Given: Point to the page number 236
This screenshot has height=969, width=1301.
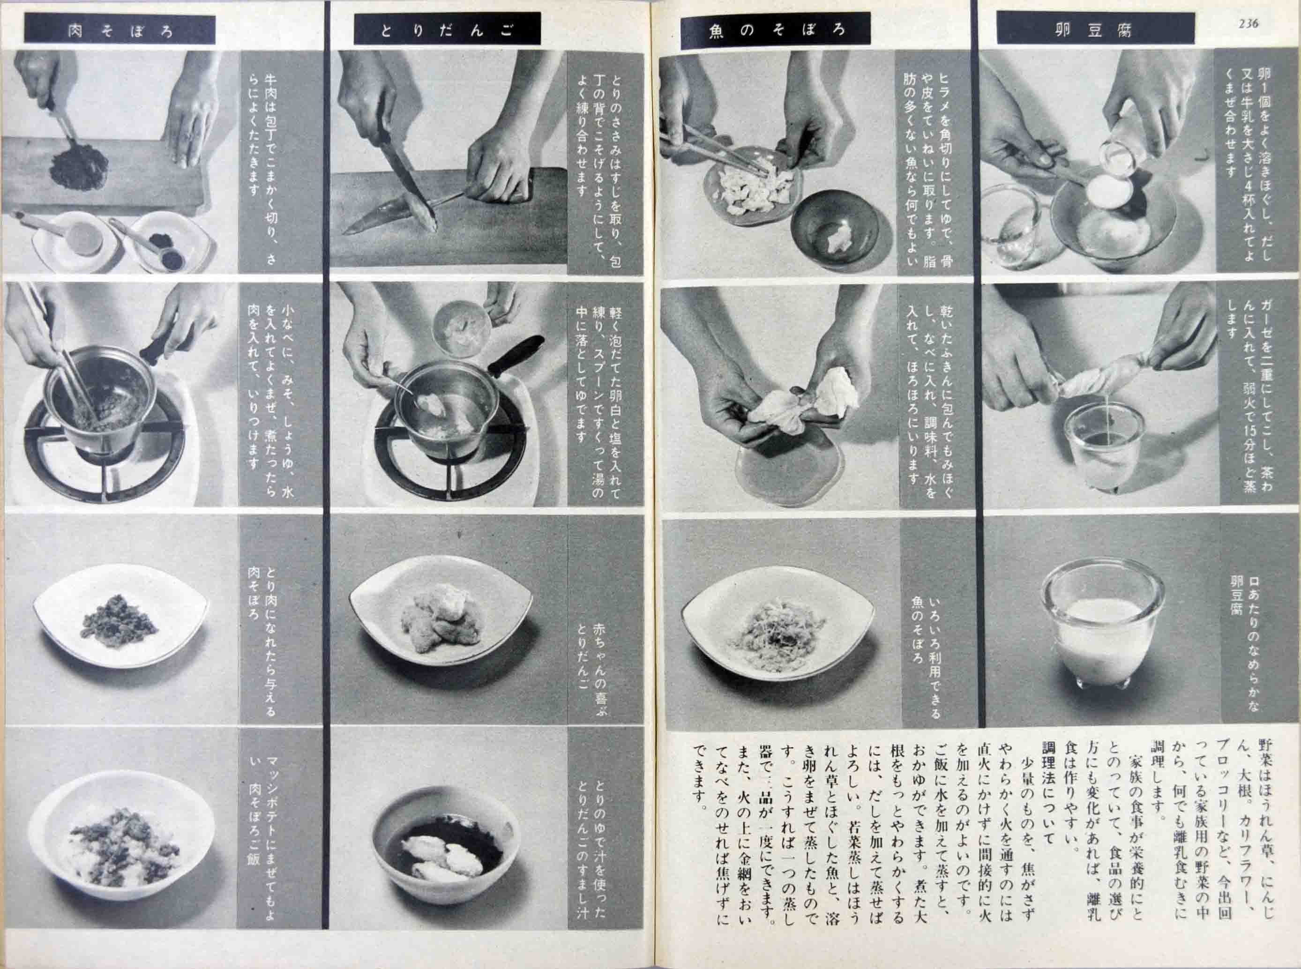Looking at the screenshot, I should [1248, 23].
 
